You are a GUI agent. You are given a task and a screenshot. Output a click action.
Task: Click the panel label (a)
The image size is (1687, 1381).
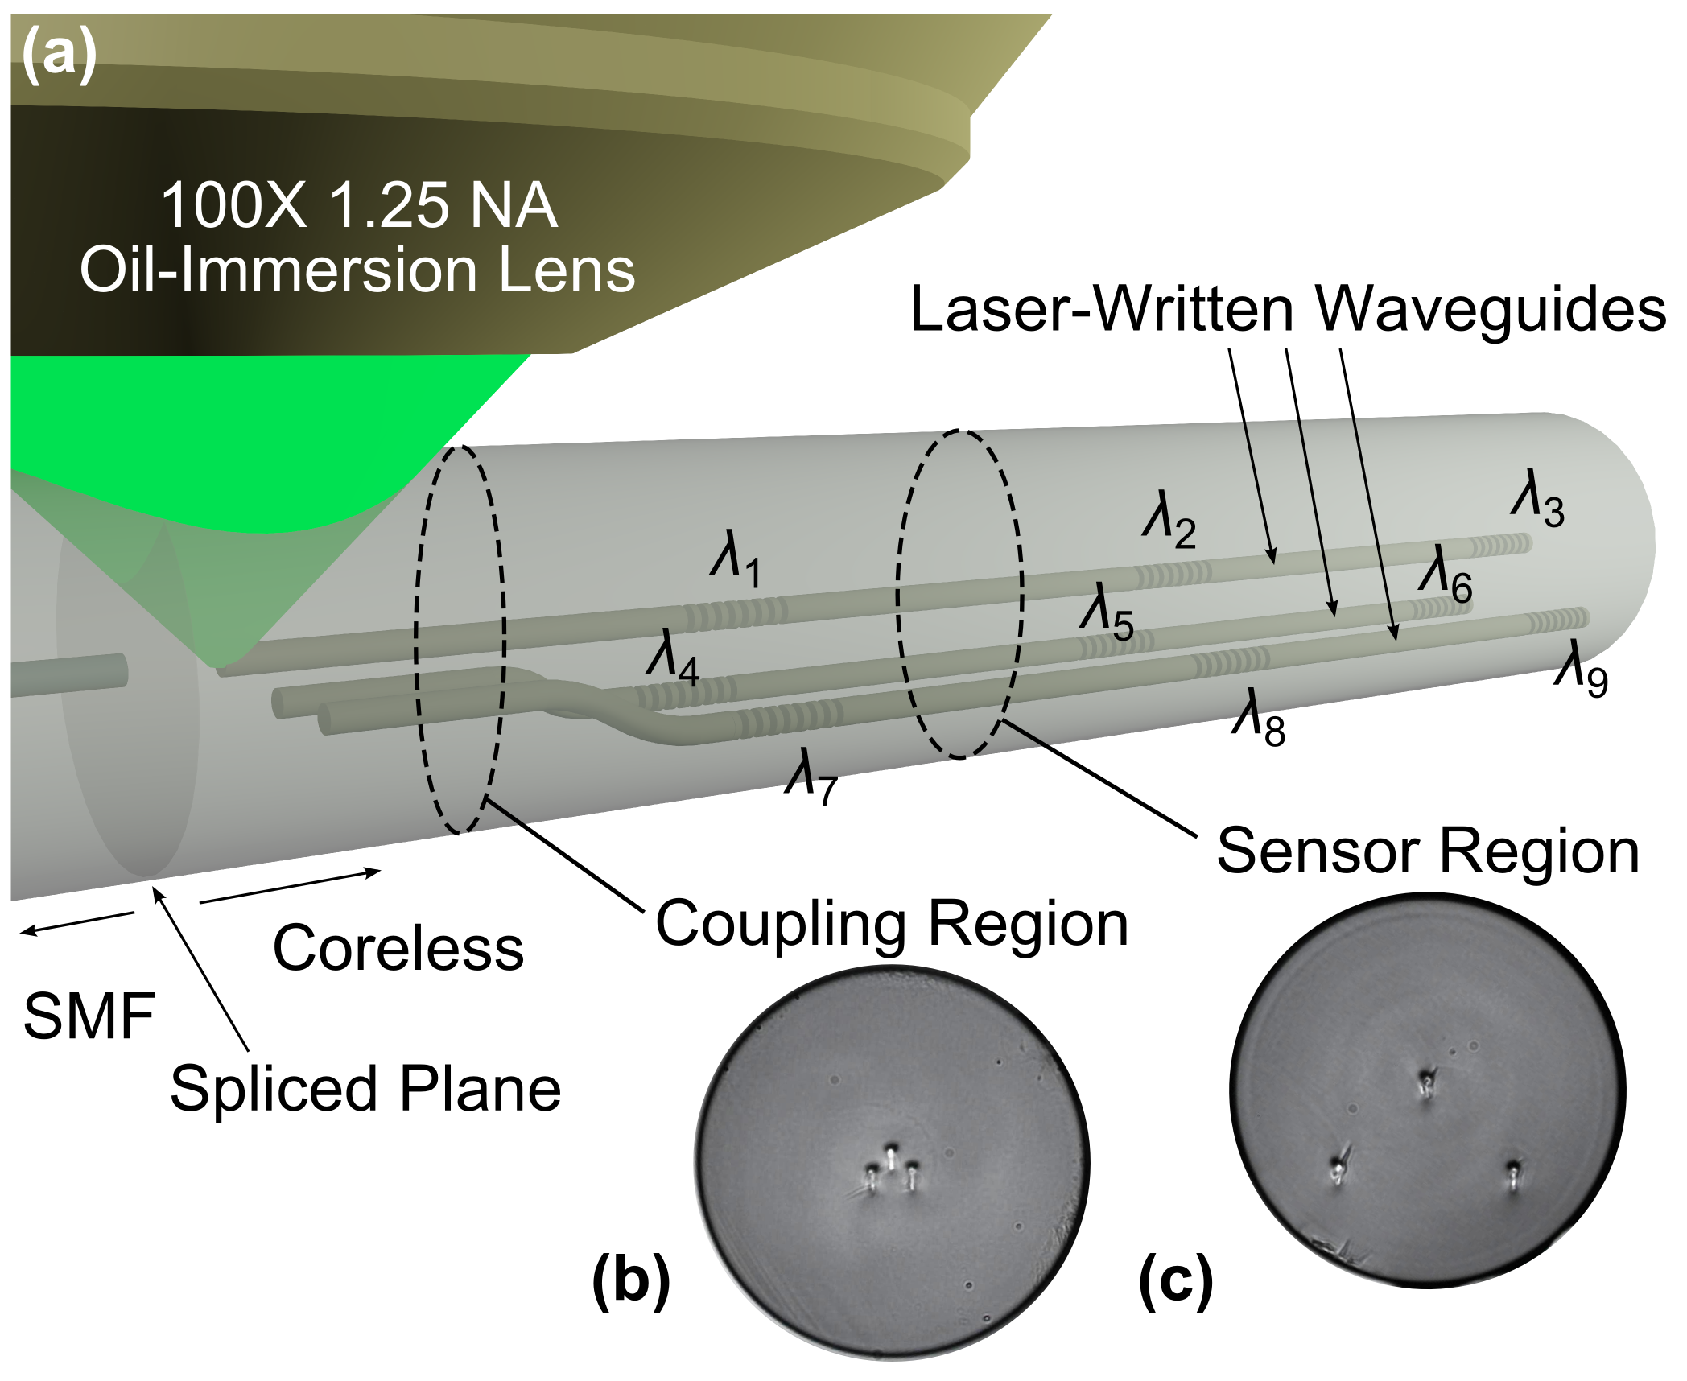pos(59,56)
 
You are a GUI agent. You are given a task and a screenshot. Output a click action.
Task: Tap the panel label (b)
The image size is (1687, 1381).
pos(630,1280)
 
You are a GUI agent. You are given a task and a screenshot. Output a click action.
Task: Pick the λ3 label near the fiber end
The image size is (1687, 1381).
pos(1537,498)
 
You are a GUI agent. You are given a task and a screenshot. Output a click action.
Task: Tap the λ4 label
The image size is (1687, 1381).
pos(673,657)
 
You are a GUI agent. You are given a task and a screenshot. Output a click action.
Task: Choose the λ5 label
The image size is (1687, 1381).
pos(1107,613)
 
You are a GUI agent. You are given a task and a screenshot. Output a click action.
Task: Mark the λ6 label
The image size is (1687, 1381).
pos(1446,575)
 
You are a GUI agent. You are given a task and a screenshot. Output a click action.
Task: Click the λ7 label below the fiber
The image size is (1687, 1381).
pos(811,776)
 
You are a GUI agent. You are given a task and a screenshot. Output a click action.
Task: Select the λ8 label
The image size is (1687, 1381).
pos(1258,718)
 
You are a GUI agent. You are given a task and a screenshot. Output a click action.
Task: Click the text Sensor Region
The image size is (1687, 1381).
pos(1428,851)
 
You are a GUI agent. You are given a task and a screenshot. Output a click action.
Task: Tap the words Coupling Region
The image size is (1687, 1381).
pos(892,923)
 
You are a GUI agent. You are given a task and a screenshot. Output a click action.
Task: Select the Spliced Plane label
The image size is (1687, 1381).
pos(365,1088)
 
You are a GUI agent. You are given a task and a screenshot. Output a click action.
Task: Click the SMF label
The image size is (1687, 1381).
pos(89,1016)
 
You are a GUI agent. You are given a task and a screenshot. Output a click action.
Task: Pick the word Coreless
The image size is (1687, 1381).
pos(398,948)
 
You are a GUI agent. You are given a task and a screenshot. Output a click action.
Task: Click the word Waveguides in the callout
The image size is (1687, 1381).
pos(1490,310)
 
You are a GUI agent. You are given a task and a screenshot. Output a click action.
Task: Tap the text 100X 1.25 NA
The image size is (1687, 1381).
pos(359,205)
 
